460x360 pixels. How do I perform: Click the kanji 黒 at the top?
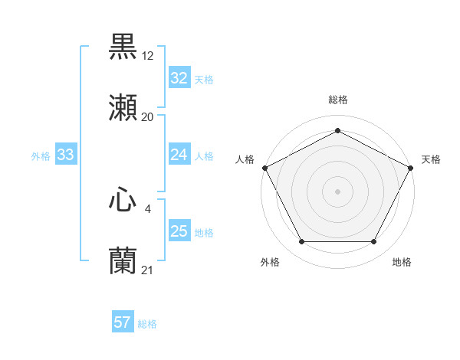tap(123, 47)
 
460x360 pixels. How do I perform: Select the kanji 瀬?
tap(123, 108)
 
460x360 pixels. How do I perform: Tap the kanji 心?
tap(123, 200)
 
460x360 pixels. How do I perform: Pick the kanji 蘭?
tap(123, 261)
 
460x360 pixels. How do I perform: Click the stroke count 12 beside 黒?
tap(148, 55)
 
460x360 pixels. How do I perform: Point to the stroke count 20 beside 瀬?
tap(148, 116)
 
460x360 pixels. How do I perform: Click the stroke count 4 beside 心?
tap(148, 208)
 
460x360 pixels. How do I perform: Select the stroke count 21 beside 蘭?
tap(148, 270)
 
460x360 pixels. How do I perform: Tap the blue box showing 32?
tap(179, 78)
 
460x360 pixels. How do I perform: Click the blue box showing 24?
tap(179, 155)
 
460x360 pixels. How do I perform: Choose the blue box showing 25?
tap(179, 231)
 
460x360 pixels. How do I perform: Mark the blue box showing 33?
tap(65, 155)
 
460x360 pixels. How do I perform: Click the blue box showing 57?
tap(122, 322)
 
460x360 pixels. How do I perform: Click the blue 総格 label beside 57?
tap(147, 324)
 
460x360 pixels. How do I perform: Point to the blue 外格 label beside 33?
tap(41, 156)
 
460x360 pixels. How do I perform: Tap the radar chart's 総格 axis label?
tap(337, 100)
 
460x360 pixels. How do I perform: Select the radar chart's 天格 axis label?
tap(431, 159)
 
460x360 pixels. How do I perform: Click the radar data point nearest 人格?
tap(264, 167)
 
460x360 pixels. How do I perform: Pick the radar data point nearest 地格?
tap(374, 242)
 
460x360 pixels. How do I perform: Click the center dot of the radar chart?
tap(337, 191)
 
